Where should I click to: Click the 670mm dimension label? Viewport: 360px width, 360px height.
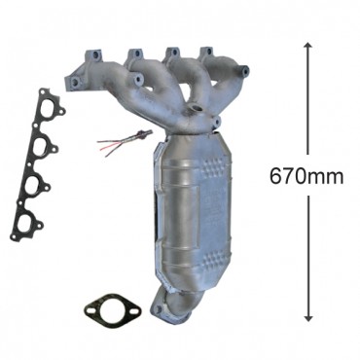(x=306, y=175)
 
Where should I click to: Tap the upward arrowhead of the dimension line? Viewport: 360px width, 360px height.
(x=308, y=46)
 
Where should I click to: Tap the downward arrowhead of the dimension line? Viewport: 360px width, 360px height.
(x=308, y=317)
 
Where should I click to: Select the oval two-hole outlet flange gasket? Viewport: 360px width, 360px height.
(x=112, y=310)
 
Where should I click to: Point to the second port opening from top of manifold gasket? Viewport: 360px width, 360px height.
(x=42, y=147)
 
